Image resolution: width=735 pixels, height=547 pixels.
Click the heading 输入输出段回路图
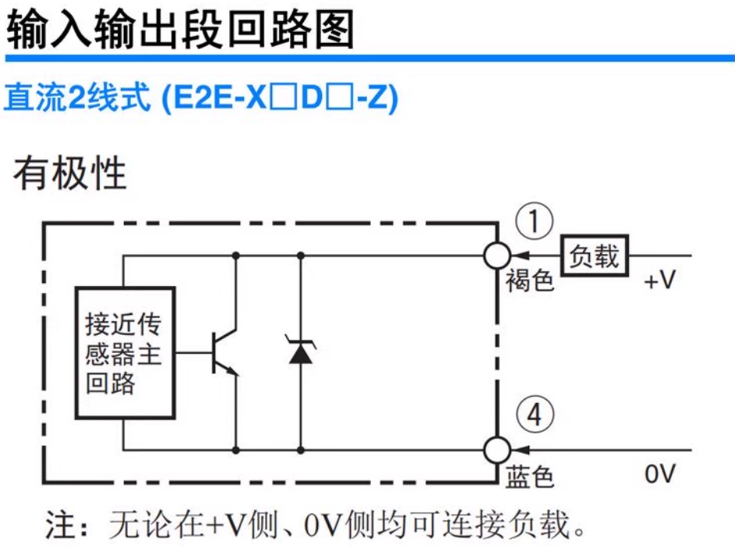click(x=180, y=30)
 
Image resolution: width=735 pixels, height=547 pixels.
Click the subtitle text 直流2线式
click(x=76, y=99)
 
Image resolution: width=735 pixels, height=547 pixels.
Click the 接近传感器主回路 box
click(x=124, y=353)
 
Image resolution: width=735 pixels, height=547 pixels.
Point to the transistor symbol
click(x=223, y=353)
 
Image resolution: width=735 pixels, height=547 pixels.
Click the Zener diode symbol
click(x=300, y=353)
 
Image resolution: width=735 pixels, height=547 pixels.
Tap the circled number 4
click(x=534, y=417)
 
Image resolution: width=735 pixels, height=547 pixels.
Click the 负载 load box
click(x=594, y=255)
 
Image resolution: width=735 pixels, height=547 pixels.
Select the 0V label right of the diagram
click(x=660, y=473)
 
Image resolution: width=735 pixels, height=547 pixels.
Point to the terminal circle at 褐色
click(x=496, y=255)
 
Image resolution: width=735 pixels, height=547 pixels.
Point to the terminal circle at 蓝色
click(x=496, y=450)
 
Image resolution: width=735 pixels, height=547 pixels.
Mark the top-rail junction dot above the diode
click(x=301, y=255)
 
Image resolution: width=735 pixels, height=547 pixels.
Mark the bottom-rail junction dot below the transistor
click(x=235, y=450)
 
